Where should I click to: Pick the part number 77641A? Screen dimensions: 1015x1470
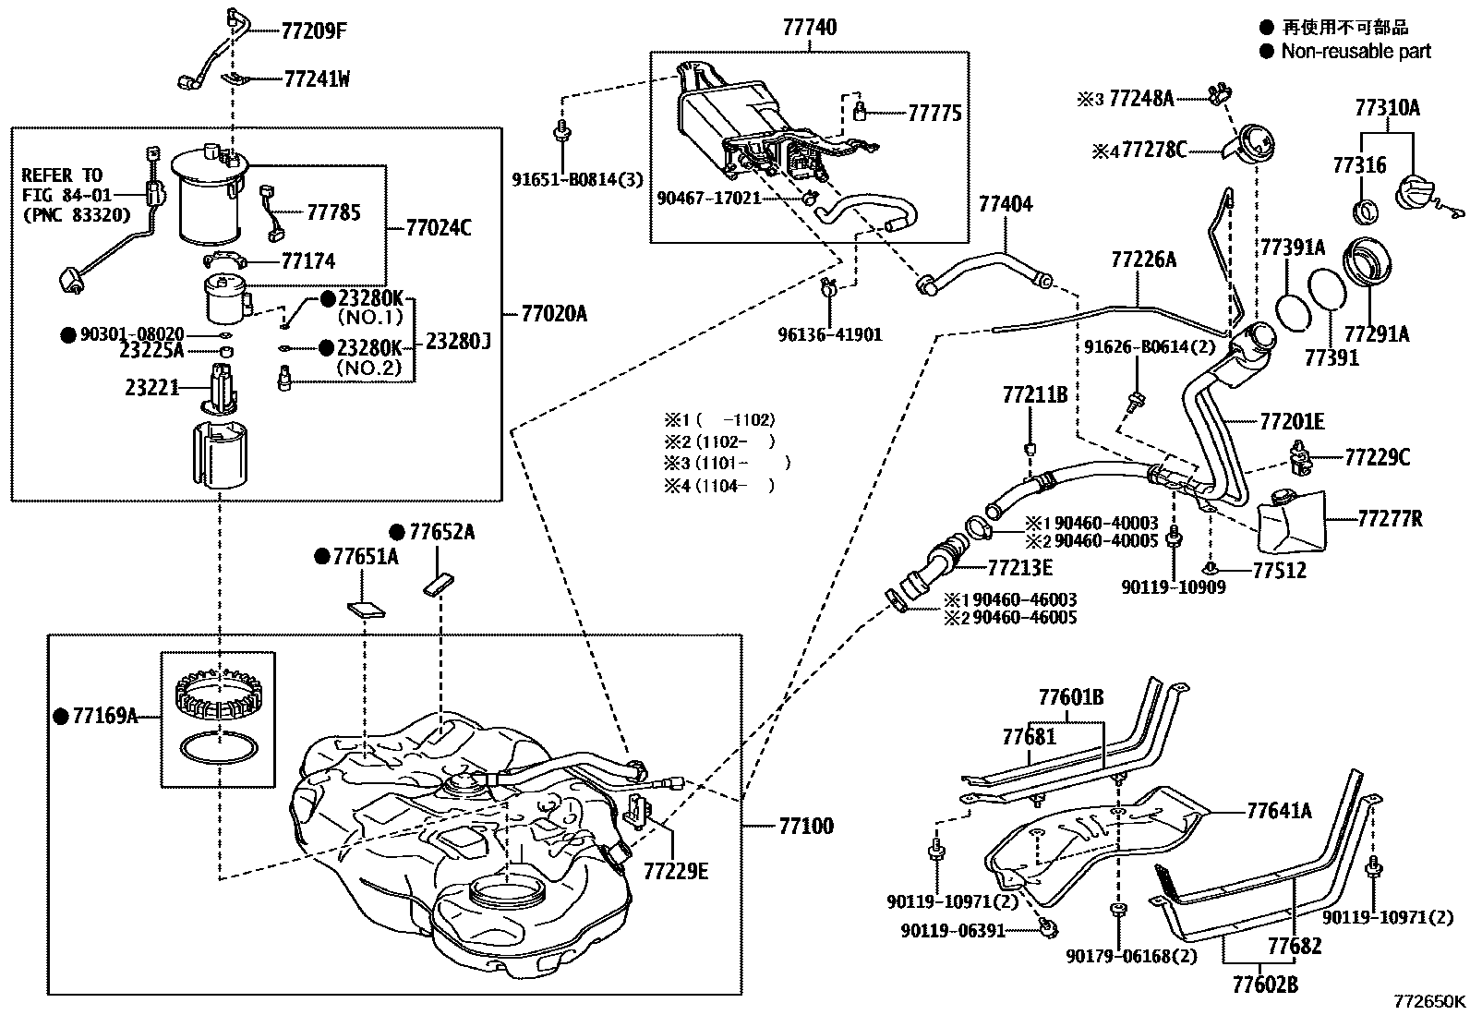tap(1279, 812)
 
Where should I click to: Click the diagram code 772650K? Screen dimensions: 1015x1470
tap(1429, 1000)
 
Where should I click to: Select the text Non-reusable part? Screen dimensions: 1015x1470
tap(1356, 52)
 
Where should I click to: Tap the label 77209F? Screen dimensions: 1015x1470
tap(314, 30)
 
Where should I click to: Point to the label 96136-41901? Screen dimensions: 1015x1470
tap(829, 334)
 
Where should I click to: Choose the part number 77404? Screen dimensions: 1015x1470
tap(1006, 204)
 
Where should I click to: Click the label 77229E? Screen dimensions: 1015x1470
tap(675, 871)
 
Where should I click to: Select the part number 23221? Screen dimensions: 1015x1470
tap(151, 389)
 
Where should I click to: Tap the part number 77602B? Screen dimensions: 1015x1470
tap(1265, 985)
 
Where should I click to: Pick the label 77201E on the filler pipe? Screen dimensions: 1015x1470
tap(1292, 422)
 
